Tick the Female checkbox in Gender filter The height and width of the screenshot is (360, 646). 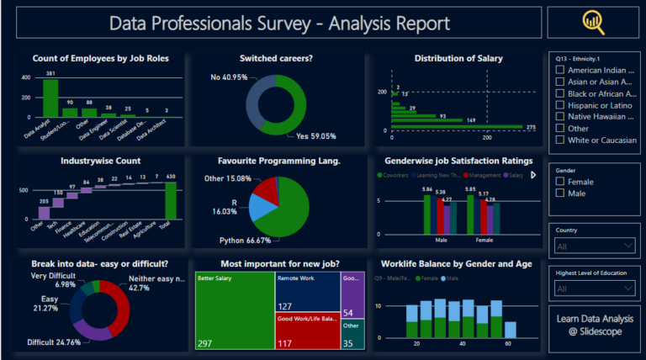[x=560, y=182]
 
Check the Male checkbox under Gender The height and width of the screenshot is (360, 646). [x=560, y=193]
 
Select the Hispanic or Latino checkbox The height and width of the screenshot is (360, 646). [x=560, y=105]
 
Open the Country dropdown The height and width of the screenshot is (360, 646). [x=594, y=246]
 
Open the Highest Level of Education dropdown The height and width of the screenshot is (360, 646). [x=594, y=289]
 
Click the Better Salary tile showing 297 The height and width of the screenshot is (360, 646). [x=233, y=310]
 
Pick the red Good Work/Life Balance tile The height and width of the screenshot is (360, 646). [x=307, y=331]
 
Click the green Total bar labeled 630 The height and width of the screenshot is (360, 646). [x=172, y=200]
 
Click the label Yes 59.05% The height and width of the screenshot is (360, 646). [x=316, y=135]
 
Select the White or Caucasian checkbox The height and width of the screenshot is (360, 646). [x=560, y=140]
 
